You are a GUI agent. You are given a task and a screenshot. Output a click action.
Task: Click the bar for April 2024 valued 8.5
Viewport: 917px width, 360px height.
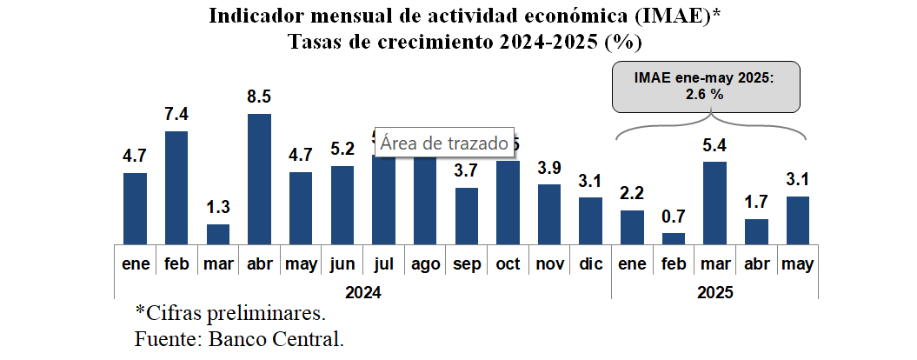point(259,180)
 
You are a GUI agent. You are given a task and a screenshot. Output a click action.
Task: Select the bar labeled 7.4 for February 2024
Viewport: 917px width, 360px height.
point(176,189)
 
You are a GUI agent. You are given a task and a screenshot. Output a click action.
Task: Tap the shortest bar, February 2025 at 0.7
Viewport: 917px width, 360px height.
point(674,239)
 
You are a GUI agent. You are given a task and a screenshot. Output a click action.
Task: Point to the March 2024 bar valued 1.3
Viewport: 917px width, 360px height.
point(218,235)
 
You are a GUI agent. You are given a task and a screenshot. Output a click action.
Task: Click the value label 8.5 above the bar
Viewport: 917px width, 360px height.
point(259,97)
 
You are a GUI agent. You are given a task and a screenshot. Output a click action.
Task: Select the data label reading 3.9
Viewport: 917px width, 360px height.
point(548,168)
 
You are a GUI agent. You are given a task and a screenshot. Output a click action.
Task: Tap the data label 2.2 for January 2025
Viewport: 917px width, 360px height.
point(632,193)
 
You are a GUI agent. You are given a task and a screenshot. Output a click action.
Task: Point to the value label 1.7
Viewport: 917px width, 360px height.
point(757,202)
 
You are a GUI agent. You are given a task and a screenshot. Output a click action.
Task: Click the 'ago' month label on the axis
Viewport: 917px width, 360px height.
point(424,263)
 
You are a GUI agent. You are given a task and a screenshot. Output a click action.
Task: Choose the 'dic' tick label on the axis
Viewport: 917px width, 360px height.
point(590,263)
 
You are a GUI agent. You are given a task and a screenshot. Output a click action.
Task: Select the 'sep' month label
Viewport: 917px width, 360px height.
point(466,263)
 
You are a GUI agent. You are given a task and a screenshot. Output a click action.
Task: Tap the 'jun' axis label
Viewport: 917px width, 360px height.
point(342,263)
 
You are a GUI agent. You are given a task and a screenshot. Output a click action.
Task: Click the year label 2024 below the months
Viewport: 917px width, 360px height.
point(362,292)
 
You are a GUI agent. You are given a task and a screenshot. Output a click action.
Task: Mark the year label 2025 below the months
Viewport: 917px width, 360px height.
point(714,292)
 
